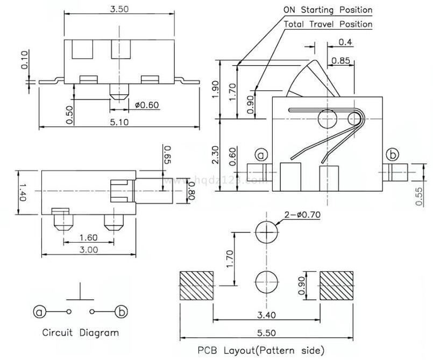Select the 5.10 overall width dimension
coord(119,122)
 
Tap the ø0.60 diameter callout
coord(146,105)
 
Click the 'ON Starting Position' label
coord(328,10)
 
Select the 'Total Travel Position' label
coord(328,24)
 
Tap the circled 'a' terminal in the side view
coord(261,155)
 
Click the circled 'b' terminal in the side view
coord(393,155)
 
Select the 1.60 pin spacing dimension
coord(88,236)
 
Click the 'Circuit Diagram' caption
coord(81,332)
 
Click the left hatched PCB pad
coord(196,286)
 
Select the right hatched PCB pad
coord(338,286)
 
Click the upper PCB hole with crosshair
coord(267,232)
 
